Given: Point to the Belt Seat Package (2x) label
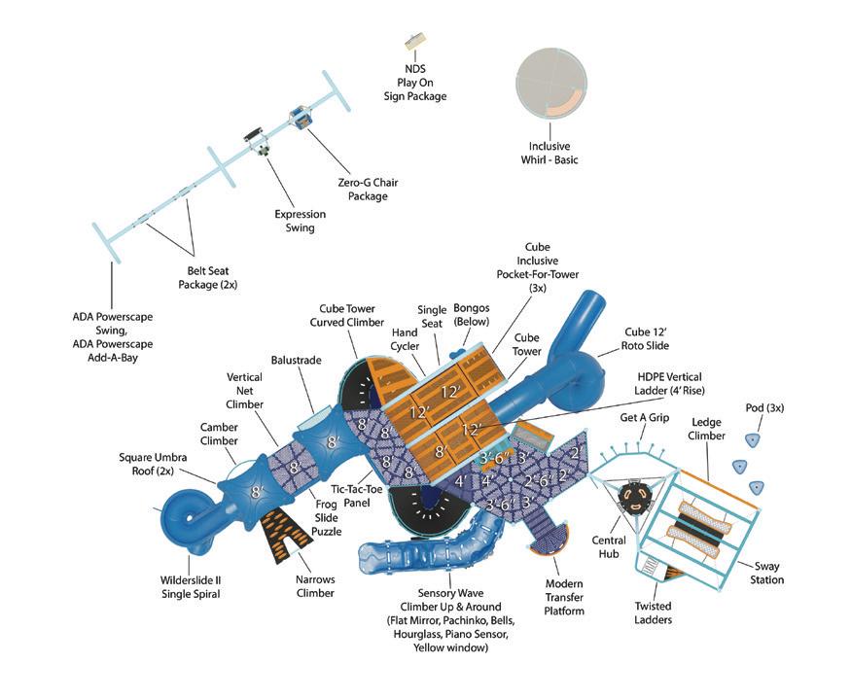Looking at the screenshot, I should pos(208,279).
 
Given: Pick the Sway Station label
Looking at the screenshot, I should pos(766,574).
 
